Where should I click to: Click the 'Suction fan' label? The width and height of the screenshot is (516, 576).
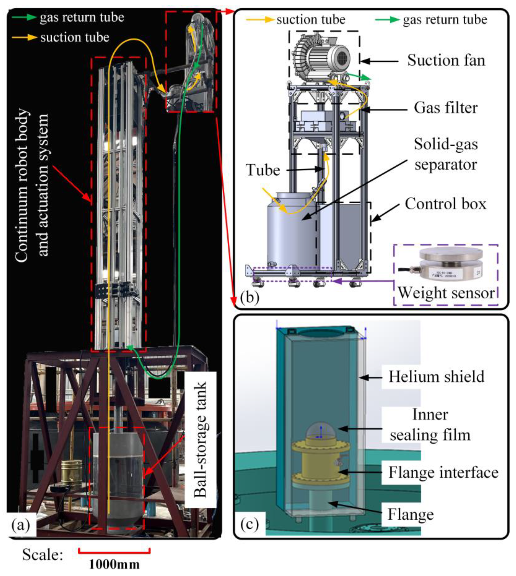pyautogui.click(x=446, y=61)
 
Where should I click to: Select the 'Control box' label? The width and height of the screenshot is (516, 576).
pyautogui.click(x=445, y=204)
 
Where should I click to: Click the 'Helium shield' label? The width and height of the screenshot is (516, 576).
pyautogui.click(x=436, y=377)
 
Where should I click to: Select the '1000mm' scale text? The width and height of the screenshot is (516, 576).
pyautogui.click(x=114, y=564)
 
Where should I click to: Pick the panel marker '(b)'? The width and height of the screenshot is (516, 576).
pyautogui.click(x=249, y=298)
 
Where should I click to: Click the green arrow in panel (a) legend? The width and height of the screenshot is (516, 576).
pyautogui.click(x=25, y=17)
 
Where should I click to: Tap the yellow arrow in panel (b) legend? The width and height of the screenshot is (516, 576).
pyautogui.click(x=260, y=19)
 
